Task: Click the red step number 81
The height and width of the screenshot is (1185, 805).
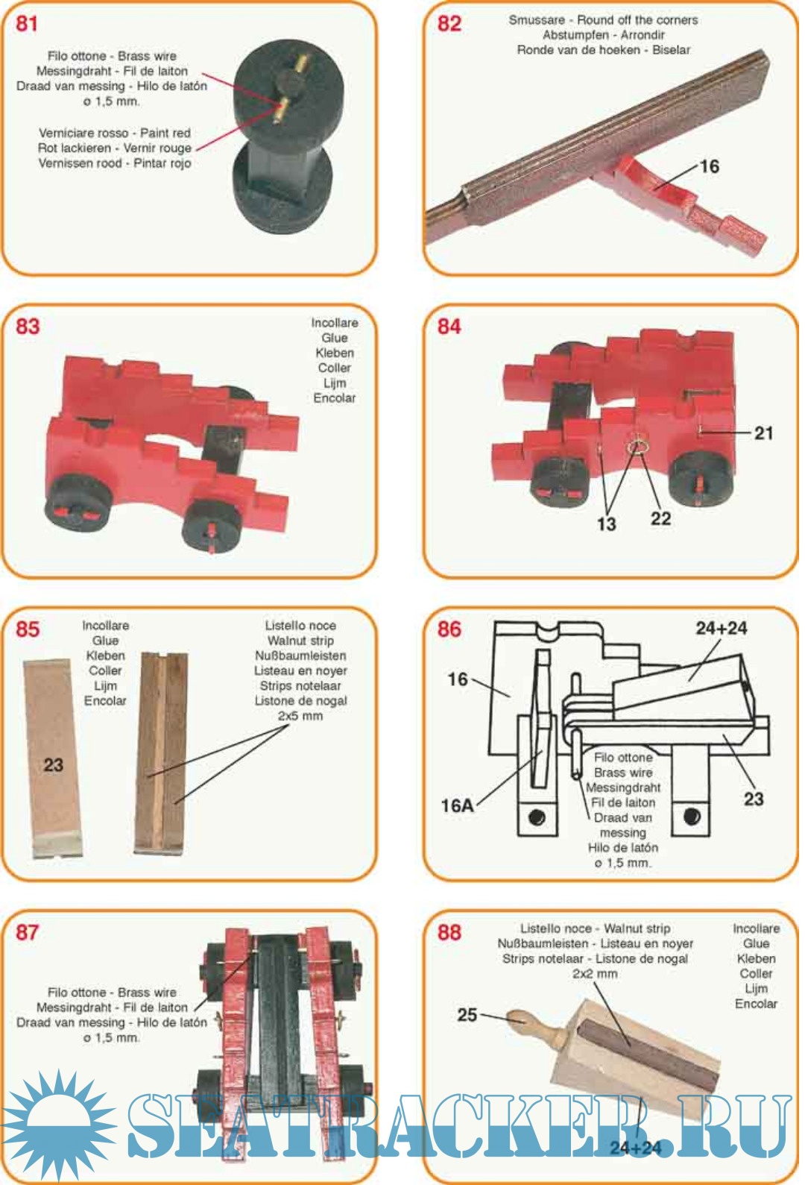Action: pos(26,23)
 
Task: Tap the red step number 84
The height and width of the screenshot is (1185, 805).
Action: pos(449,326)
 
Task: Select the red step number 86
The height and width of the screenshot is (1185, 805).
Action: pos(449,629)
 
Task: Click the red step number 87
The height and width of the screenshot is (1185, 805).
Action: pos(28,932)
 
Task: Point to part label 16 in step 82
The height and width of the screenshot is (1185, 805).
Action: pos(710,166)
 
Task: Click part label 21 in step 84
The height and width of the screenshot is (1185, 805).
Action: pos(764,433)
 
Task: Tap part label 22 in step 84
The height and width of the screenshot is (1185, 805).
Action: pos(660,518)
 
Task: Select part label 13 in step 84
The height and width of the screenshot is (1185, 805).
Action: pos(606,524)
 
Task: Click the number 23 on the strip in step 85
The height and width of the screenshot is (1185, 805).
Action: pos(53,764)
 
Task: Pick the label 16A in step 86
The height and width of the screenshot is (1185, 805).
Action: pos(458,805)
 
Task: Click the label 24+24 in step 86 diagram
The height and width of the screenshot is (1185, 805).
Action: pos(722,629)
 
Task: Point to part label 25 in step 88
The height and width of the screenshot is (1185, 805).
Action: pos(467,1015)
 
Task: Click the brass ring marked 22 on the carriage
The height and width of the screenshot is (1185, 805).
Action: pos(637,447)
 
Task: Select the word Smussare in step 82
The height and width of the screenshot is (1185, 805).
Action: pos(537,20)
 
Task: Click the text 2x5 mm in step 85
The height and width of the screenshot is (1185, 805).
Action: pos(300,716)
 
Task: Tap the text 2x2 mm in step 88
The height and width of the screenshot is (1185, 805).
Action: pos(595,973)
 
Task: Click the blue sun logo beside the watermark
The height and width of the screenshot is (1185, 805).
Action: pos(58,1124)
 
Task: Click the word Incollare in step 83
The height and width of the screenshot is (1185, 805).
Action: pos(334,323)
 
